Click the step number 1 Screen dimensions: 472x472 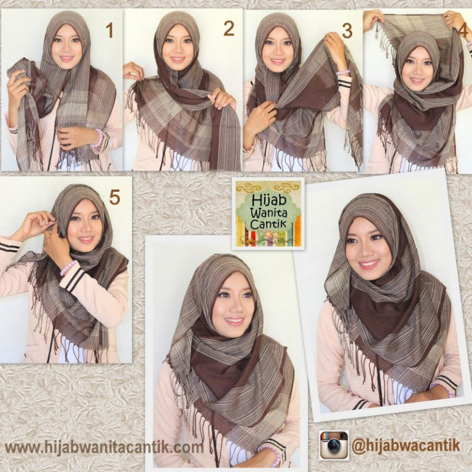click(x=110, y=29)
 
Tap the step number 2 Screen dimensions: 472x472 click(x=229, y=28)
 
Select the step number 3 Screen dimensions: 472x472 click(x=347, y=30)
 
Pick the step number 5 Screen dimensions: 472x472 click(x=114, y=197)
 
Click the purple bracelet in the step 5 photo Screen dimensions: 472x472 click(x=68, y=267)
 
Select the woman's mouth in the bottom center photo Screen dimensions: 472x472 click(x=234, y=320)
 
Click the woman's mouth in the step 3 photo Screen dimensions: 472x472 click(x=278, y=61)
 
